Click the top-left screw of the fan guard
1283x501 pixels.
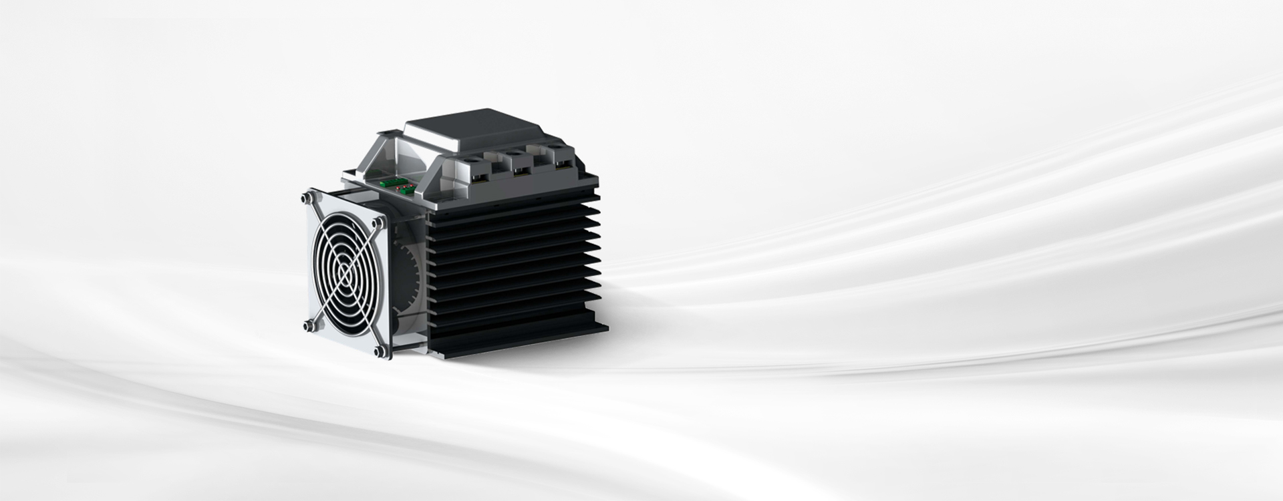308,198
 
